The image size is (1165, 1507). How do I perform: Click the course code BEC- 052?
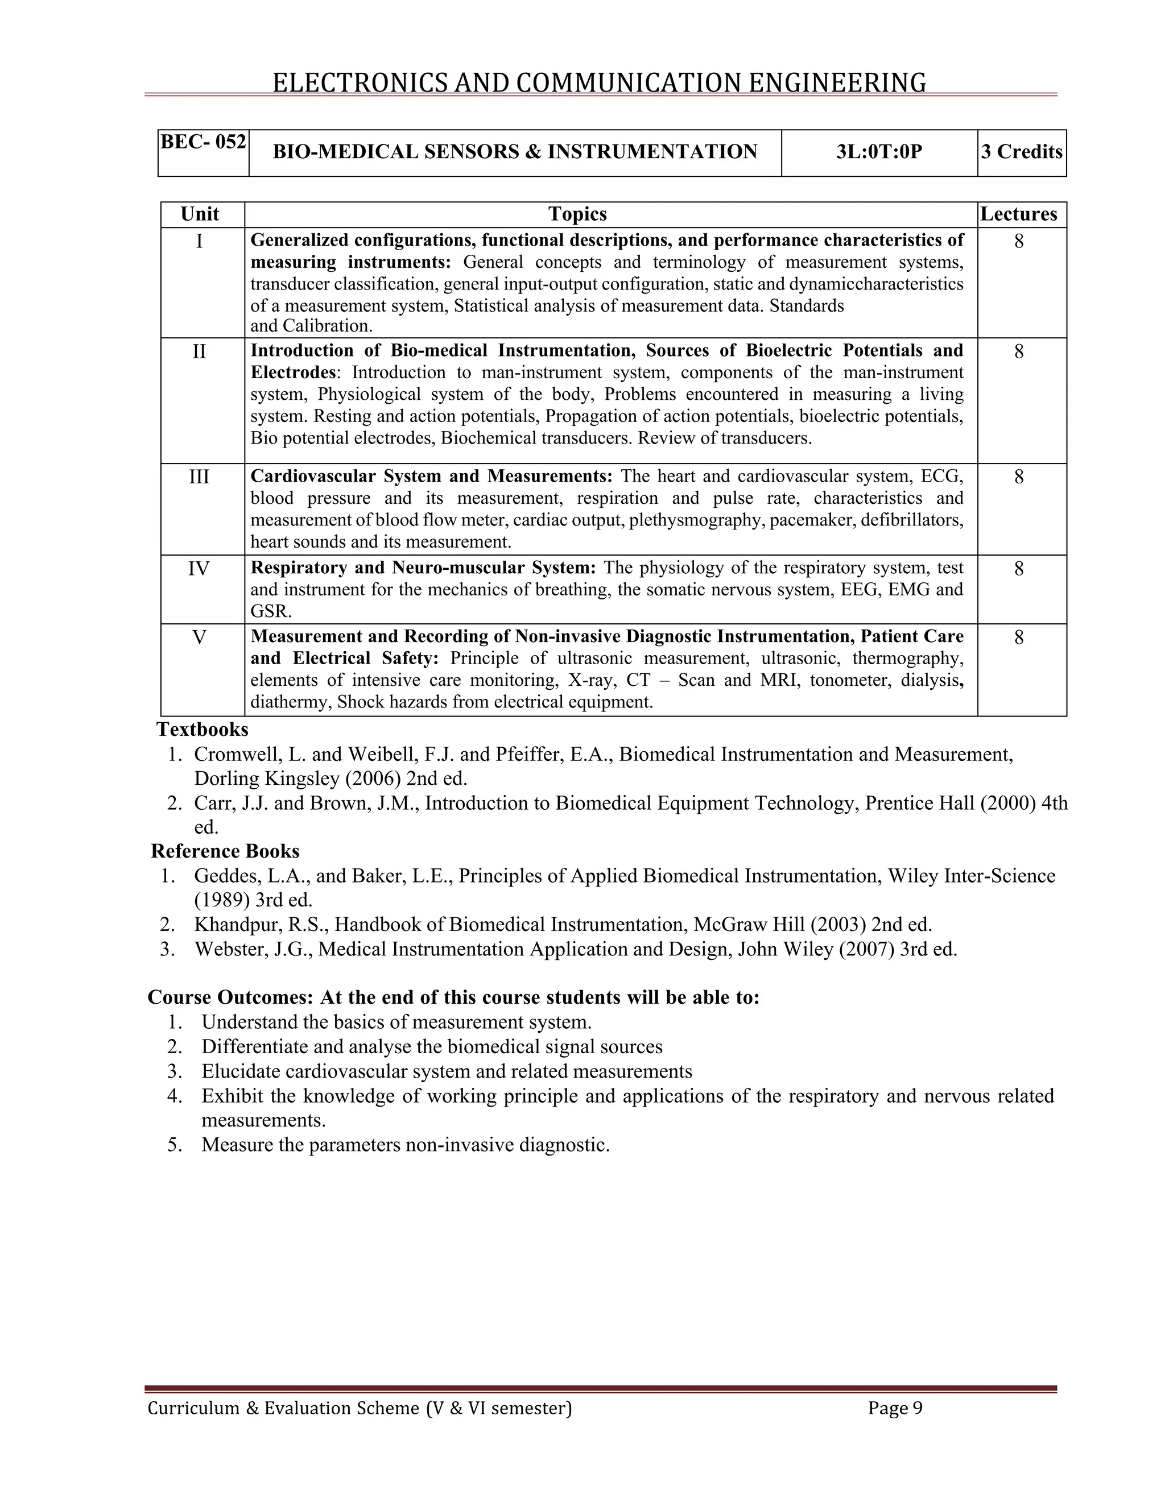(203, 142)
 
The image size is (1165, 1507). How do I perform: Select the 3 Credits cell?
(1022, 152)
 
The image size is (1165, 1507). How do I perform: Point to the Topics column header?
(577, 214)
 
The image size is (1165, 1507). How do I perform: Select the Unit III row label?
(199, 477)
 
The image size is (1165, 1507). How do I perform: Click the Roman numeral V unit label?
(199, 637)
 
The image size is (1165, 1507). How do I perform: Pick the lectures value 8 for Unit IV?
(1019, 569)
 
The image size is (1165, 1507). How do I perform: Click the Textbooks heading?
(202, 730)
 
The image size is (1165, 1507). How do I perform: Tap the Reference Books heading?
(225, 851)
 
